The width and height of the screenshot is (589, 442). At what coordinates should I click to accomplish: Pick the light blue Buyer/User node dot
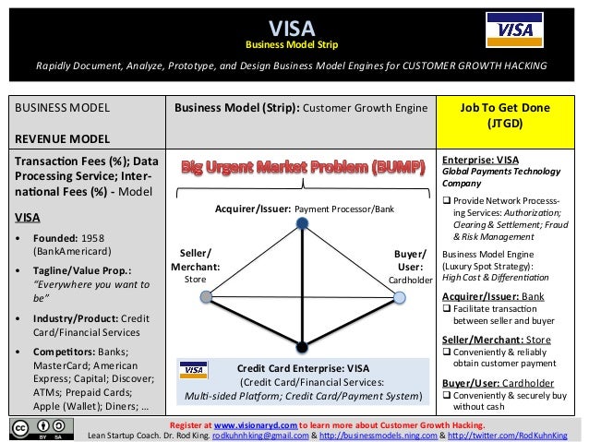tap(399, 296)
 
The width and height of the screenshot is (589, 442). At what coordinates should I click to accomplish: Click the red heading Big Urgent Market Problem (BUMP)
tap(303, 169)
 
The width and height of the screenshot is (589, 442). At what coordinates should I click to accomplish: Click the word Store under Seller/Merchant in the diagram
tap(196, 280)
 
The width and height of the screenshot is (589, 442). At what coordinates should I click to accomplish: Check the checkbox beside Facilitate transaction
tap(447, 309)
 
